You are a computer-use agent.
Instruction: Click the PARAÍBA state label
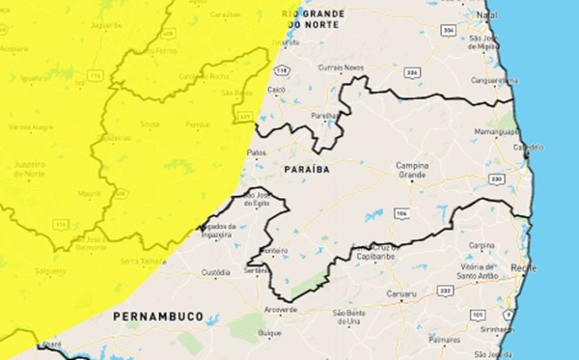[307, 169]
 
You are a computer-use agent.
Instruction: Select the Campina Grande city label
[418, 170]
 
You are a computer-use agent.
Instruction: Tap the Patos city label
[256, 152]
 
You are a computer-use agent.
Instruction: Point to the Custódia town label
[216, 273]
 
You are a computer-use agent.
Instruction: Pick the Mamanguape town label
[496, 130]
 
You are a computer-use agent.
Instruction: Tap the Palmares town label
[445, 340]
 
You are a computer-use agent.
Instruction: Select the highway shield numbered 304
[448, 31]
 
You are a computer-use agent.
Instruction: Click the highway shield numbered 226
[412, 71]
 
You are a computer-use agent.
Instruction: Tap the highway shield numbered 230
[496, 179]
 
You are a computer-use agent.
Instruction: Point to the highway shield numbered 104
[400, 212]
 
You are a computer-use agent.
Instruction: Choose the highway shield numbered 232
[445, 290]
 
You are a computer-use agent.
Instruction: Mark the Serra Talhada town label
[141, 261]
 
